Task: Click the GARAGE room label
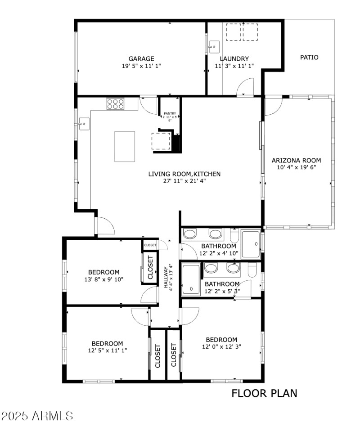141,58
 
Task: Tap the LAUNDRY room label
234,58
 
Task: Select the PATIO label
309,57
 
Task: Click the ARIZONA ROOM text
296,160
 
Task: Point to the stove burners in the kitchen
115,104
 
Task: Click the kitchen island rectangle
125,146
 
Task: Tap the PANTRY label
170,113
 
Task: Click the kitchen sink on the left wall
84,123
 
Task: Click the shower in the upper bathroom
251,244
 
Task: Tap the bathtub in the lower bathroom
191,280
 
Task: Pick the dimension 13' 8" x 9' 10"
103,279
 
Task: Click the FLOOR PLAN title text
264,393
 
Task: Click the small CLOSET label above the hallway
150,245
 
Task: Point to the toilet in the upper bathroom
234,236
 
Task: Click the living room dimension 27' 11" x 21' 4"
184,181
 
